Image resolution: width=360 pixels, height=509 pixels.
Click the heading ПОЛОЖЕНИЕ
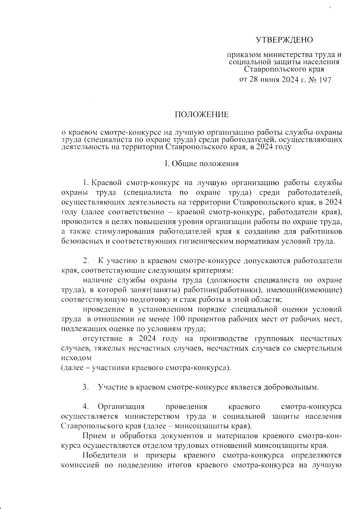point(202,115)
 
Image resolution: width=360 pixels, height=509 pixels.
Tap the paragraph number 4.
point(85,407)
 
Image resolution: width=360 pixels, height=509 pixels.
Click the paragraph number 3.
point(85,387)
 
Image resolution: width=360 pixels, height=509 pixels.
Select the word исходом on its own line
point(76,358)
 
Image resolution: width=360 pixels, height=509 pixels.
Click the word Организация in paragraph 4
point(121,407)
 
